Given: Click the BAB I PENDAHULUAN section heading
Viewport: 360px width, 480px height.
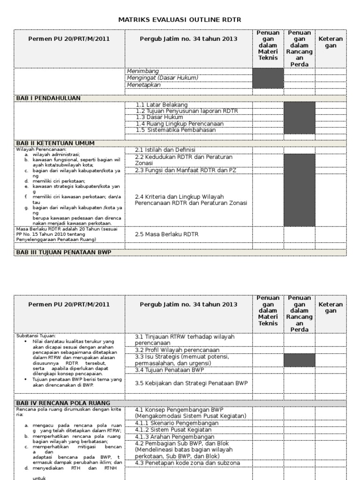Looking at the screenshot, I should pos(48,98).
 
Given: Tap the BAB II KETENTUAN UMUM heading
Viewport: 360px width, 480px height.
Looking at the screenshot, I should pos(55,143).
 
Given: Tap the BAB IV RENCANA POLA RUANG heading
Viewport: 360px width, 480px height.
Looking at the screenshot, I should pos(63,403).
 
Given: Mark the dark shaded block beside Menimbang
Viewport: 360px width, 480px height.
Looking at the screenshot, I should pos(268,78).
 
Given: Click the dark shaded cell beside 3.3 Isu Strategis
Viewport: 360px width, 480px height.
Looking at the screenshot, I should pos(300,360).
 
